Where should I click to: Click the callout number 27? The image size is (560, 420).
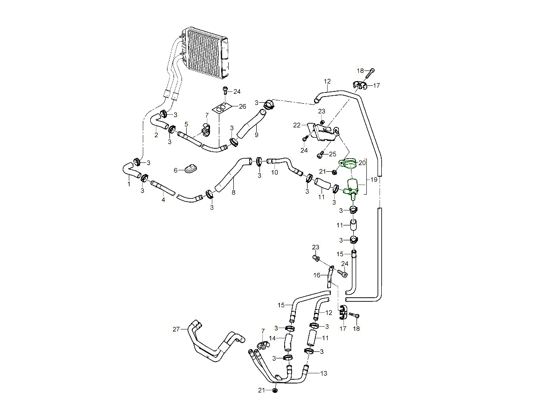176,329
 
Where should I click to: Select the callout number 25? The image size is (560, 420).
332,154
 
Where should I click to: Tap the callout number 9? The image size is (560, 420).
256,135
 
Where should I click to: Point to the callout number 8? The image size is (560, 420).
233,192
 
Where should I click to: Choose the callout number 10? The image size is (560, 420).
275,172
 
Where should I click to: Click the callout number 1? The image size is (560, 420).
129,184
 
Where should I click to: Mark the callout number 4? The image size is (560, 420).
163,200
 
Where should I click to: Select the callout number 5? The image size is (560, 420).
186,124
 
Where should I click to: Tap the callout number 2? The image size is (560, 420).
156,135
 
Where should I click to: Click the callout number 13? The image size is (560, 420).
323,373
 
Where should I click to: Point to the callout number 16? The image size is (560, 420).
317,275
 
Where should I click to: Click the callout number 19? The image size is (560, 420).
374,179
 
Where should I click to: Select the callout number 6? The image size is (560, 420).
175,170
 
